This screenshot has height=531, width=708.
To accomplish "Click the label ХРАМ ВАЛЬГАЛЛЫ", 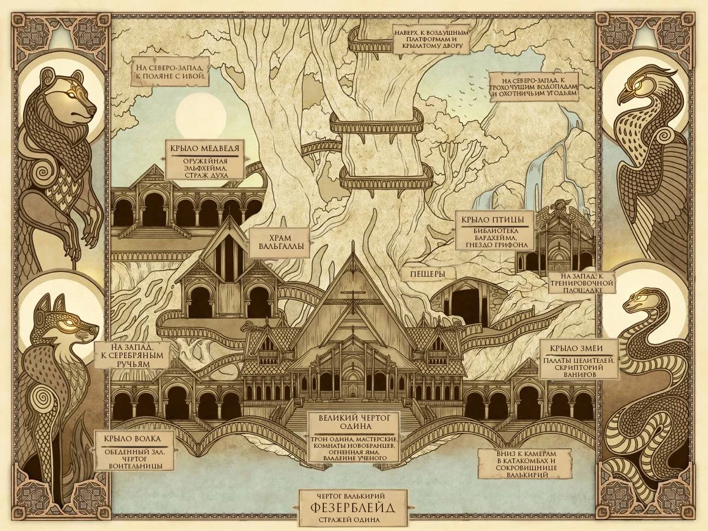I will (x=281, y=243).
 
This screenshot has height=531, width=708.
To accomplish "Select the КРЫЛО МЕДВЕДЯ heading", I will (x=205, y=148).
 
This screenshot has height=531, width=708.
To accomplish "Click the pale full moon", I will (x=201, y=112).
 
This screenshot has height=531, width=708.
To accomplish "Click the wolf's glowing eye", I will (x=72, y=322).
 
